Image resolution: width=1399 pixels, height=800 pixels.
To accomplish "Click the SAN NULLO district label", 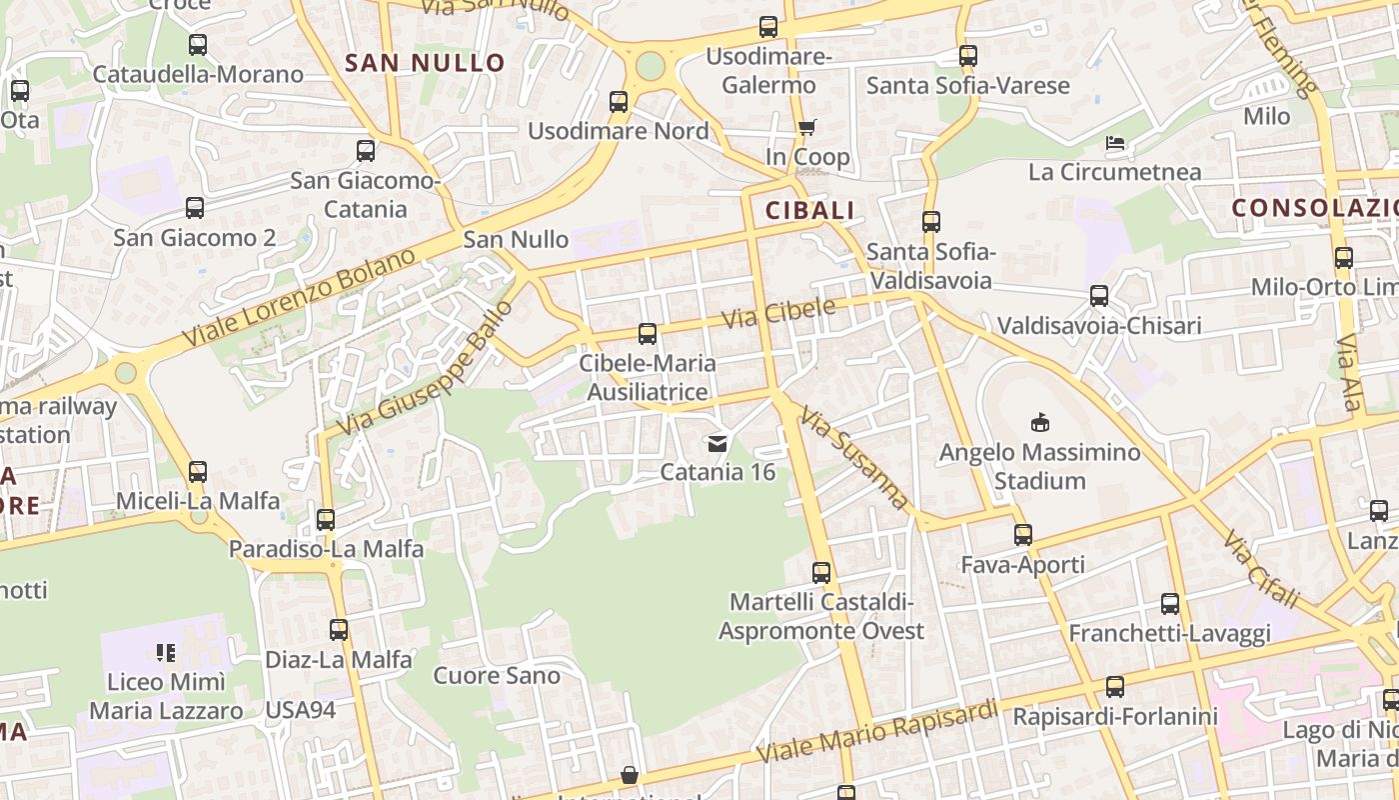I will (x=425, y=63).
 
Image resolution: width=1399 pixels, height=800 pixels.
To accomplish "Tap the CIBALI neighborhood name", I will (x=809, y=210).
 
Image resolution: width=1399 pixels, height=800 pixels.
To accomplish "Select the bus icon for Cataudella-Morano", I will (x=198, y=45).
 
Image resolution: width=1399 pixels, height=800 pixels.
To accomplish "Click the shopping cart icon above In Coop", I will (x=806, y=127).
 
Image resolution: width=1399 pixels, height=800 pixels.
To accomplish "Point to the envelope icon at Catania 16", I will (x=716, y=443).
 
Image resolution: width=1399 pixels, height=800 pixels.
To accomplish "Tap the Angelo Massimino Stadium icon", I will (x=1040, y=422).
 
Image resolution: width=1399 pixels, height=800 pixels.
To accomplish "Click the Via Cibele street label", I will (x=777, y=314).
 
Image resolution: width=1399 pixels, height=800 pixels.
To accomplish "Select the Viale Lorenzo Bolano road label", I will (x=300, y=297).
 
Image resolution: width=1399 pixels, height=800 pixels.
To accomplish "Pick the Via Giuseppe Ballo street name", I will (x=425, y=367).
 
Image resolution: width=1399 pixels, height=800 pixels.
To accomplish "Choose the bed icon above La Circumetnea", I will (x=1115, y=143).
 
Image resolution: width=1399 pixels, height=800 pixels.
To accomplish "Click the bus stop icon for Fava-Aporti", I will (x=1022, y=535).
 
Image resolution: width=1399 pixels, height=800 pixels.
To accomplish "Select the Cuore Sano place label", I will (x=497, y=676).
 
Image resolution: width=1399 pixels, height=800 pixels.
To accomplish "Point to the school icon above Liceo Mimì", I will (x=166, y=653).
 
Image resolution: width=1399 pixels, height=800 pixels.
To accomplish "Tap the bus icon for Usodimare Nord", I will (x=619, y=102).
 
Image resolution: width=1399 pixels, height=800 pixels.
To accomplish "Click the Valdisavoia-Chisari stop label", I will (x=1099, y=326).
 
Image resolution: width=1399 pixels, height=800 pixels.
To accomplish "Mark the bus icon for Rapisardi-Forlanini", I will (x=1115, y=687).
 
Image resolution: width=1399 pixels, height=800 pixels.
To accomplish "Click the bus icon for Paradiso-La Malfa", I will (x=326, y=520).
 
